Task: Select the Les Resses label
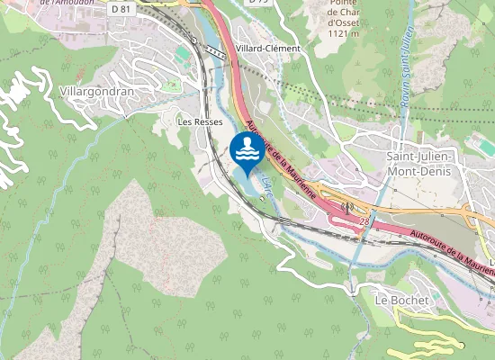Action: (x=199, y=121)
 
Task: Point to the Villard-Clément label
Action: (x=266, y=49)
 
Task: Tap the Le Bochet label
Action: (x=399, y=299)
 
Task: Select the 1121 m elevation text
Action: (x=342, y=34)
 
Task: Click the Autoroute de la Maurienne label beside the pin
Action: (x=279, y=157)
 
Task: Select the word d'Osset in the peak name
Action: (x=343, y=23)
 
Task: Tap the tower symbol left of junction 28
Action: (x=346, y=206)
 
